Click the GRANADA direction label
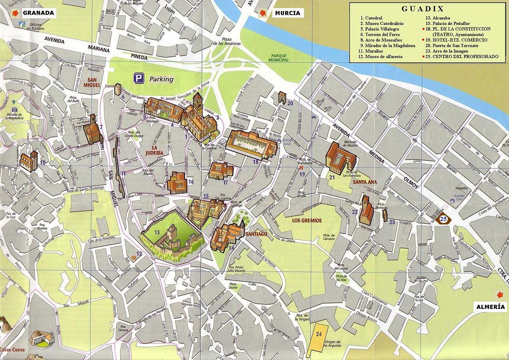[x=38, y=13]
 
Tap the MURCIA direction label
[x=287, y=13]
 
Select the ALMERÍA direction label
[x=490, y=306]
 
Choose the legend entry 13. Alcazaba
[x=444, y=18]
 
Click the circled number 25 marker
[x=444, y=219]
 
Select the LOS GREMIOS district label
[x=307, y=221]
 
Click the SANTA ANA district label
[x=365, y=182]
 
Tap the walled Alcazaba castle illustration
[x=171, y=239]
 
